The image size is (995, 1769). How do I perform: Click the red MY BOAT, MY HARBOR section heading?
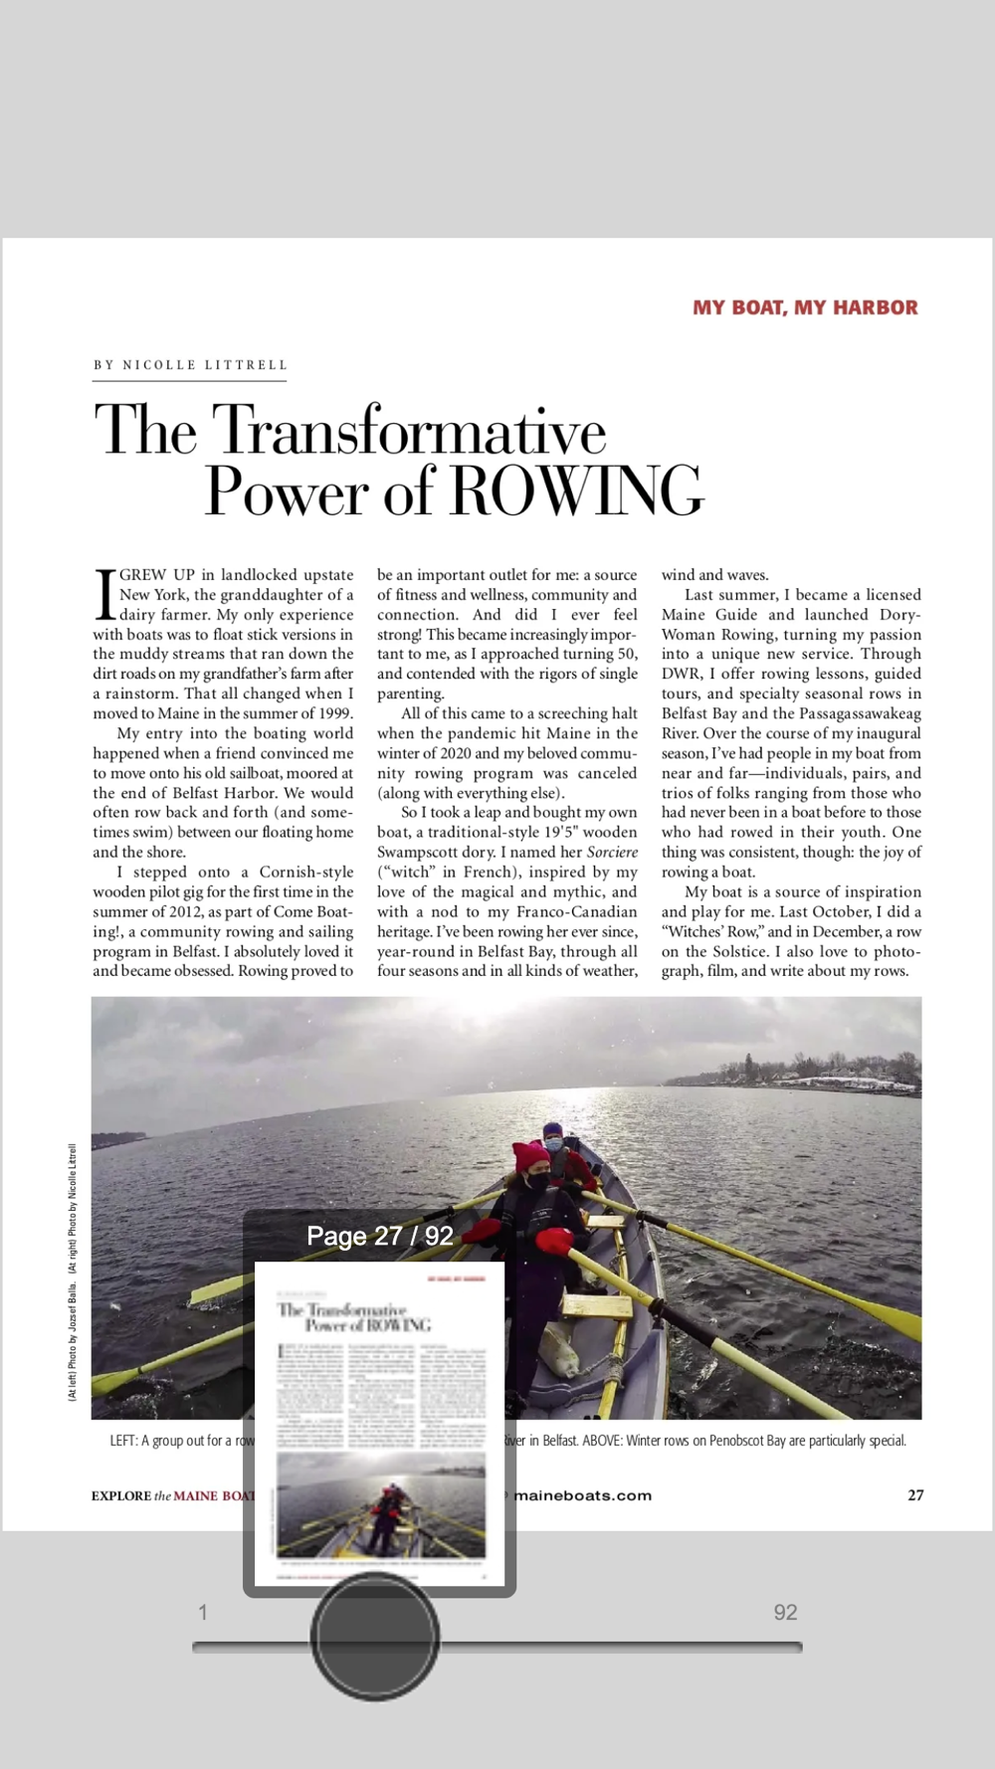[805, 307]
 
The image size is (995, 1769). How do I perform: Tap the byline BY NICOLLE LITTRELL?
[190, 365]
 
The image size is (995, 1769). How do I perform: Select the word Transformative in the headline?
[410, 430]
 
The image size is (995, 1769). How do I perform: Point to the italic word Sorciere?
[612, 852]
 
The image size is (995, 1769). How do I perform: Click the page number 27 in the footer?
[915, 1494]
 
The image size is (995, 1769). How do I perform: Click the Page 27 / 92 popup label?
[379, 1236]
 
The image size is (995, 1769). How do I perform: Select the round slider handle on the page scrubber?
[374, 1636]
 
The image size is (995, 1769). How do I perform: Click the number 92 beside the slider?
[785, 1612]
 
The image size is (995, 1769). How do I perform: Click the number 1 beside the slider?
[203, 1612]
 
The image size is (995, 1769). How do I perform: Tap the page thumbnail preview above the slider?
[379, 1423]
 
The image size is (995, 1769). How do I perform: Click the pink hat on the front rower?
[531, 1158]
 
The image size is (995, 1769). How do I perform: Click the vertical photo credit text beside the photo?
[72, 1274]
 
